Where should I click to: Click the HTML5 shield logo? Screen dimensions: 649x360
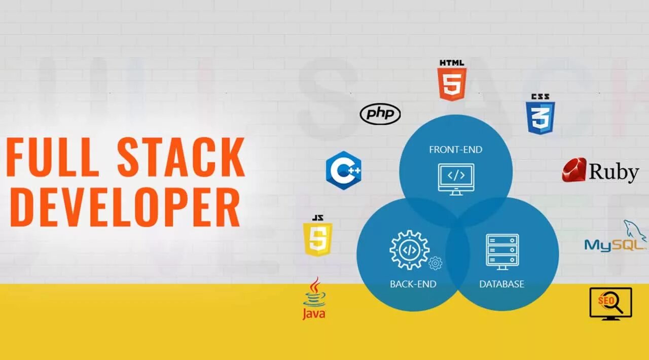point(452,84)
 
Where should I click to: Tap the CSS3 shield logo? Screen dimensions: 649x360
point(540,118)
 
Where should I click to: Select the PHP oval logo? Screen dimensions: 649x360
point(380,115)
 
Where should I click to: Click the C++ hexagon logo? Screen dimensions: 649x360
point(344,170)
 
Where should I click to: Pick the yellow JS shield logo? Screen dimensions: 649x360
point(318,239)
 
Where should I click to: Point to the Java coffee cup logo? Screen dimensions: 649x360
point(314,299)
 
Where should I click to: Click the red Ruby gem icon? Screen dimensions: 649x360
point(574,170)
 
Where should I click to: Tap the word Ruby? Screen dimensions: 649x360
point(613,172)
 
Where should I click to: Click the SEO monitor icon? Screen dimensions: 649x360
point(610,303)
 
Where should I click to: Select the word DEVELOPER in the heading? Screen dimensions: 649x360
point(125,207)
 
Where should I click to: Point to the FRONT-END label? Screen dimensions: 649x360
point(455,150)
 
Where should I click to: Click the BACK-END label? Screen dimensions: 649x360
point(413,284)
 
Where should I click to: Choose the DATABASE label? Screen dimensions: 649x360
point(502,284)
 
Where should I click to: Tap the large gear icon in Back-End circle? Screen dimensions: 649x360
point(409,250)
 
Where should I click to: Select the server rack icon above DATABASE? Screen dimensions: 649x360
point(502,252)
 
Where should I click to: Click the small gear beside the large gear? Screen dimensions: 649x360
point(435,263)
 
